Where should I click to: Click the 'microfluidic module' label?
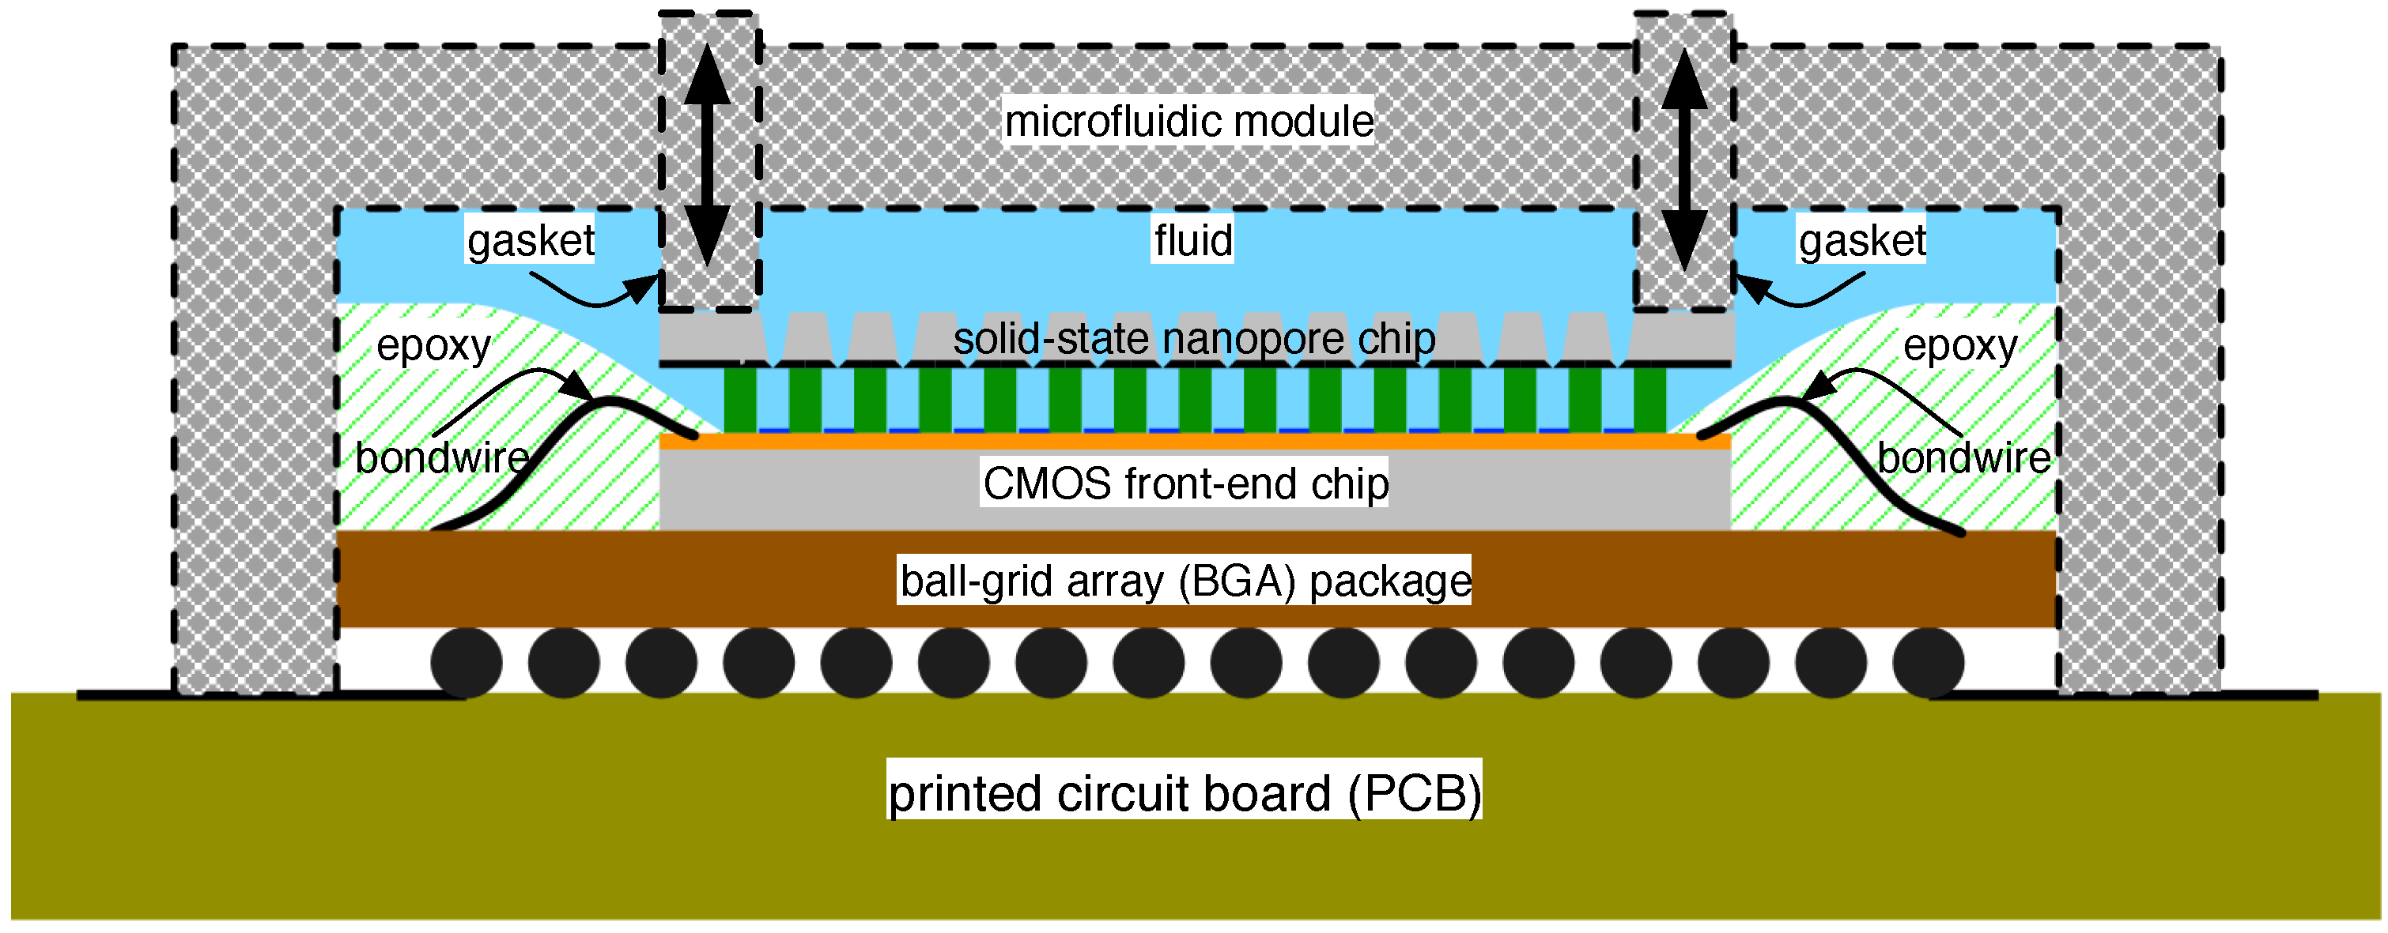tap(1188, 122)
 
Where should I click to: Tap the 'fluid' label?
tap(1192, 240)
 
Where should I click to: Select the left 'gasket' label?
tap(531, 240)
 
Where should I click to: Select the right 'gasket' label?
tap(1861, 240)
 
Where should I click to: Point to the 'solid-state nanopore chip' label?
tap(1194, 338)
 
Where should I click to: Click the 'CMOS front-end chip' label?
tap(1185, 483)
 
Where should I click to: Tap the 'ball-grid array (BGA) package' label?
tap(1185, 580)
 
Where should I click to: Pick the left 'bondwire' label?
tap(442, 457)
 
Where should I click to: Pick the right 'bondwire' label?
tap(1963, 457)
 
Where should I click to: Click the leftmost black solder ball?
tap(467, 663)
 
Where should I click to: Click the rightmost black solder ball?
tap(1929, 663)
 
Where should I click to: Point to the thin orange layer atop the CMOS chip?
tap(1194, 442)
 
